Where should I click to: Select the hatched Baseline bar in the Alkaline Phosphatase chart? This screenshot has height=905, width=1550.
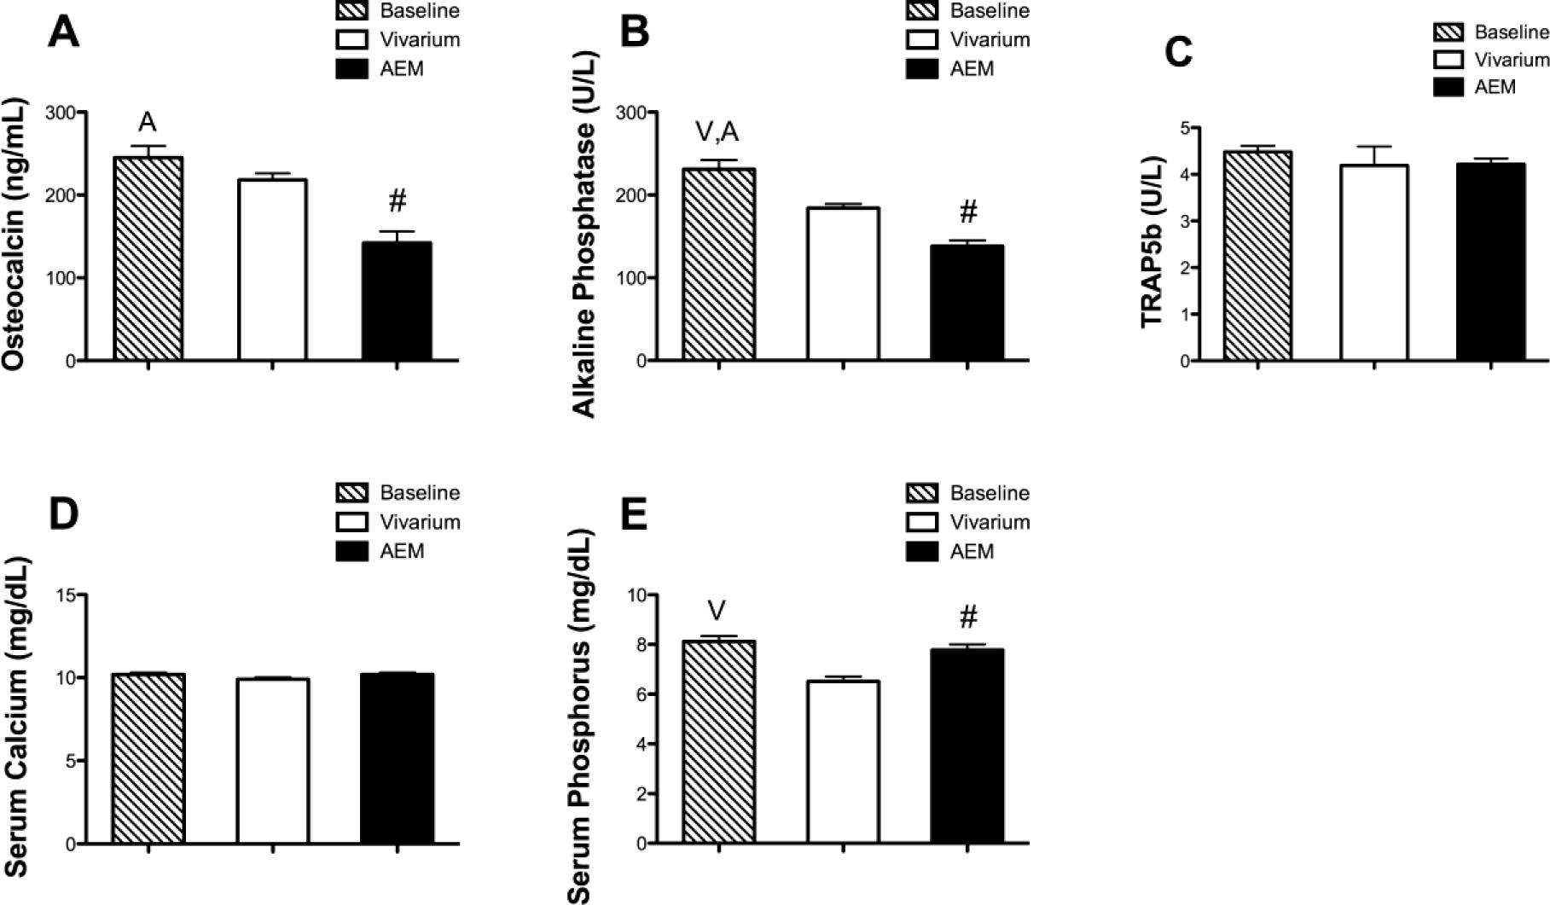click(x=719, y=264)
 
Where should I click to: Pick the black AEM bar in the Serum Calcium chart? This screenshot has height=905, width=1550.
click(x=397, y=759)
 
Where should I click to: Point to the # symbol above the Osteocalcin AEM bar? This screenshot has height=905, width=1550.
click(x=398, y=202)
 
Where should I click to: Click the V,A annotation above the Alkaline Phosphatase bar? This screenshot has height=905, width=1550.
click(x=717, y=132)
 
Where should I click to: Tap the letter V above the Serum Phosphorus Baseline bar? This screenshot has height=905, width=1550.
click(x=717, y=611)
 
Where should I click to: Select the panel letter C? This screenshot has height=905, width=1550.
click(x=1178, y=53)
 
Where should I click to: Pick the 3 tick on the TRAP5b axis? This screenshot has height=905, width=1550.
click(x=1185, y=221)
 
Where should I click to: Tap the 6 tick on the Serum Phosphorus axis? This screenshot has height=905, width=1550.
click(x=636, y=694)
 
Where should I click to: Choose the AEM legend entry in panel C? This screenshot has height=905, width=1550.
click(x=1495, y=87)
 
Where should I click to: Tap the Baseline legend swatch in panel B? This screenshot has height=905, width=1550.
click(x=922, y=11)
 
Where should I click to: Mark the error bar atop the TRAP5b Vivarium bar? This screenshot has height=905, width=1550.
click(x=1374, y=154)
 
